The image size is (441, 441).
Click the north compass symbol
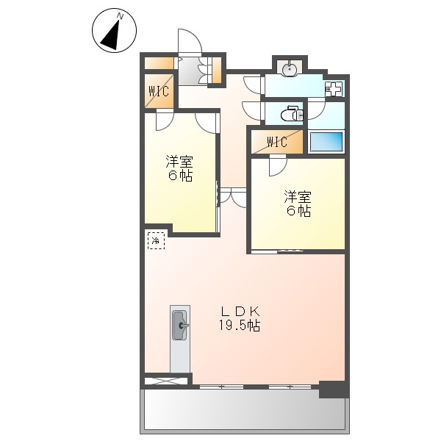(114, 31)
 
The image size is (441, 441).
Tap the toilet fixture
(295, 114)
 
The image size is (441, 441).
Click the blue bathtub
(326, 141)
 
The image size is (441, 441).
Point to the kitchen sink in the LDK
(180, 324)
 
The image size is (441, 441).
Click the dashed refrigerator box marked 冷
(156, 240)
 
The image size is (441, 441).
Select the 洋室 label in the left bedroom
(179, 161)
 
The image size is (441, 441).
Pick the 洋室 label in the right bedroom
(298, 196)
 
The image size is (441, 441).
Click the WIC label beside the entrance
(159, 92)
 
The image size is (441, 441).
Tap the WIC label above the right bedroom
(277, 142)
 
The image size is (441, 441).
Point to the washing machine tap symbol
(334, 90)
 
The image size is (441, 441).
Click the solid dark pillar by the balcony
(332, 389)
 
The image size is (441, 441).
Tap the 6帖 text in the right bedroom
(298, 211)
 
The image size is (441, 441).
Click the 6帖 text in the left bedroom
(179, 176)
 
